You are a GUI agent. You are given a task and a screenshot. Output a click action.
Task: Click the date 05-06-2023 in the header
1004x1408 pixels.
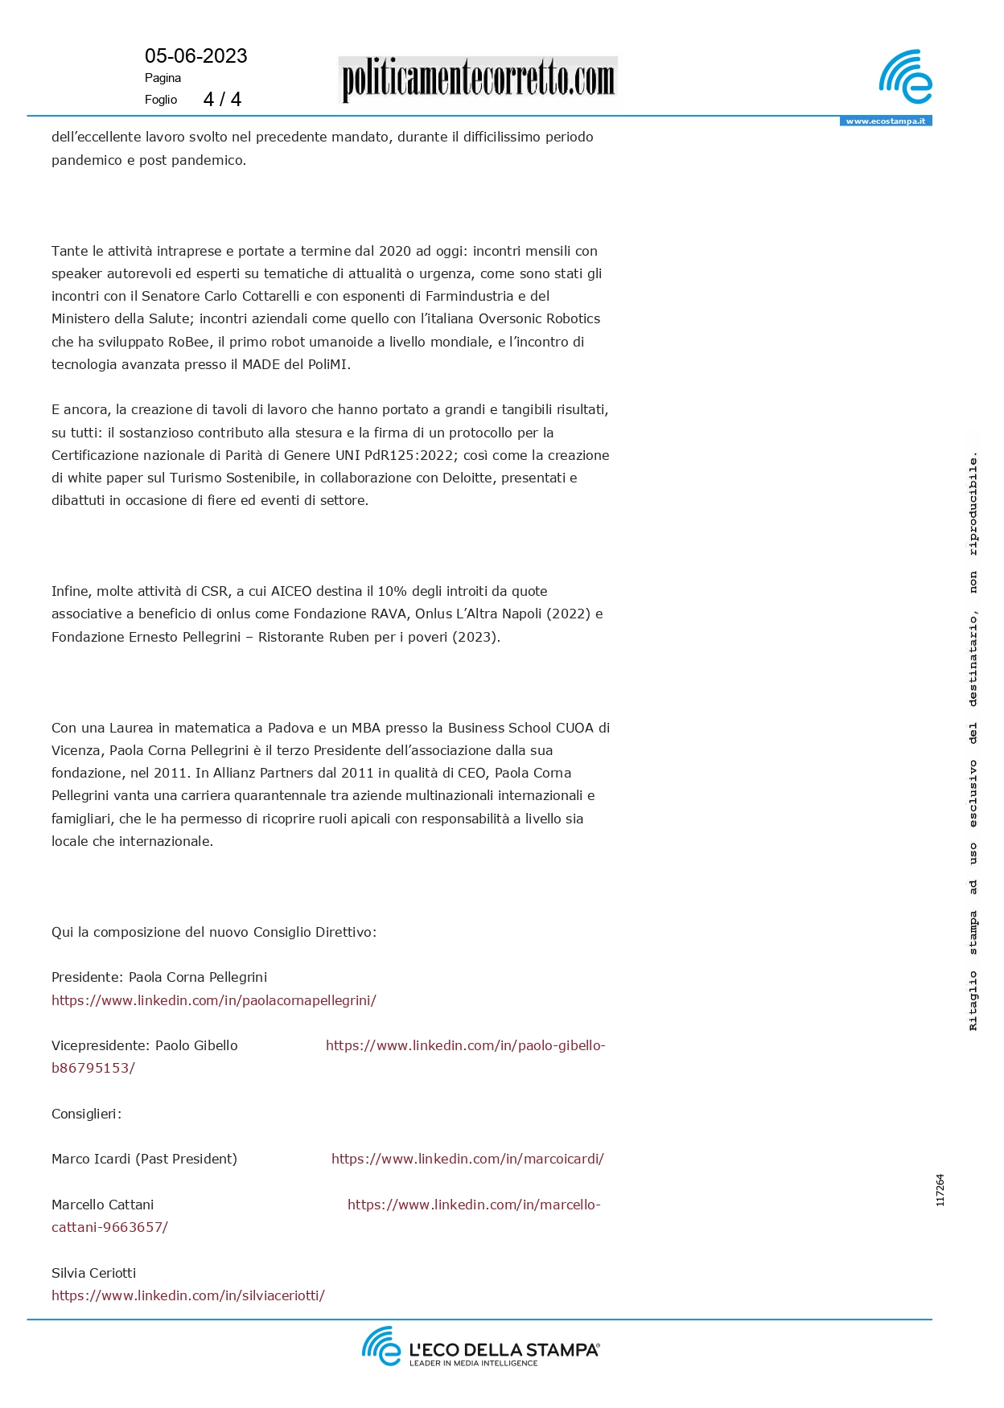click(195, 55)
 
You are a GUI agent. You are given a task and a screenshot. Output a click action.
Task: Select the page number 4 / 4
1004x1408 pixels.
click(222, 99)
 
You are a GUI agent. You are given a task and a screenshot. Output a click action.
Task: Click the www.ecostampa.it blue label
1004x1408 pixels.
click(885, 121)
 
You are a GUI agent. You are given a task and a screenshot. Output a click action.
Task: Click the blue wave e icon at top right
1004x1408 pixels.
click(905, 77)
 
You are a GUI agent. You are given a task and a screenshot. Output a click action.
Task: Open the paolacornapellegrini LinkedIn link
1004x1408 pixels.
click(213, 1000)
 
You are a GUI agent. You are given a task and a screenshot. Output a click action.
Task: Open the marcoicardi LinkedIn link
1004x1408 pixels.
click(467, 1159)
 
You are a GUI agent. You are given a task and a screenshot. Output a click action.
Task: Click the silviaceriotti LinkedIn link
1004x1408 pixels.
click(187, 1295)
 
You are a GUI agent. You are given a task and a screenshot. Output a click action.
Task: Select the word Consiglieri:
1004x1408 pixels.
click(86, 1114)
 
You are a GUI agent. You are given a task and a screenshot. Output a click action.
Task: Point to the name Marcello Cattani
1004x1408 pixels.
click(102, 1205)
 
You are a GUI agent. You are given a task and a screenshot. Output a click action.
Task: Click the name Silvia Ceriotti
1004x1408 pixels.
click(93, 1273)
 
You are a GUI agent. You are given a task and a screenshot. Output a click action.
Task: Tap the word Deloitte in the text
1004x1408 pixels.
click(469, 478)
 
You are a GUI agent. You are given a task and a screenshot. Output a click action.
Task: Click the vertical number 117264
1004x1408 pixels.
click(940, 1190)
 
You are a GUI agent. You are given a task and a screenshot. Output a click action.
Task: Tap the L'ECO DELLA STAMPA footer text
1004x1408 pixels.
click(504, 1349)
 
